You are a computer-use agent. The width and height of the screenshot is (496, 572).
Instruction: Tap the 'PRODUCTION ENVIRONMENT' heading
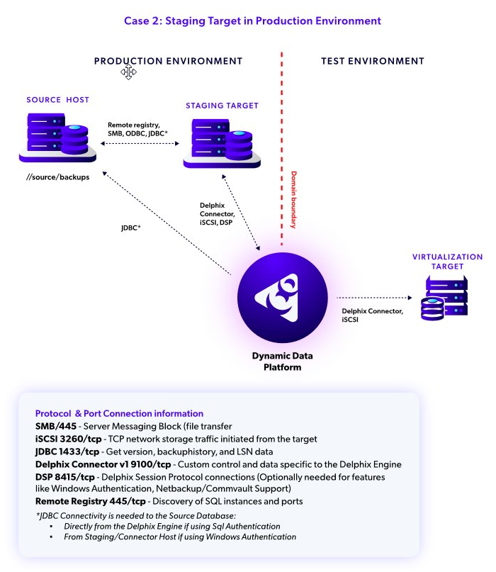pos(168,62)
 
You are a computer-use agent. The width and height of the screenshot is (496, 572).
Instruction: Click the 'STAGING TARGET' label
pos(222,106)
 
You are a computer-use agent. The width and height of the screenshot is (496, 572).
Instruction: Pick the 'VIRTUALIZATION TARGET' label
pos(447,262)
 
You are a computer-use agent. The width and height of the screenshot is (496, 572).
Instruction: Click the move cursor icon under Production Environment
pos(128,72)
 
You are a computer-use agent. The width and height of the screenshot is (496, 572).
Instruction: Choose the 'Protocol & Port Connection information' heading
pos(119,413)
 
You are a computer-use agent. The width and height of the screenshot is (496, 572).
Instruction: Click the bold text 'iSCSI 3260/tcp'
pos(68,439)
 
